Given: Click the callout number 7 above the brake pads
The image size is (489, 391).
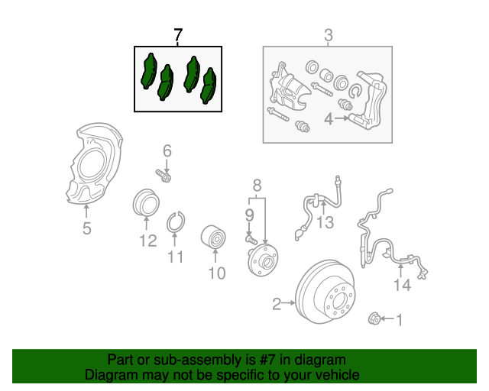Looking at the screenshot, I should pyautogui.click(x=178, y=34).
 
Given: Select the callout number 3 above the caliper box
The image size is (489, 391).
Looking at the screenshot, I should pyautogui.click(x=328, y=34).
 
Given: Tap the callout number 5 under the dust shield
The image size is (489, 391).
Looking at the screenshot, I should pyautogui.click(x=86, y=228).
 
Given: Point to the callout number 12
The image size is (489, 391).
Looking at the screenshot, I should pyautogui.click(x=147, y=241).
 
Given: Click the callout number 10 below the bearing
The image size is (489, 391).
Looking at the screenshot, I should pyautogui.click(x=217, y=273).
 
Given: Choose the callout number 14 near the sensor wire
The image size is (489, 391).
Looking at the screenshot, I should pyautogui.click(x=402, y=285).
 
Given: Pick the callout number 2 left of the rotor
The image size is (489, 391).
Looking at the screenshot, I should pyautogui.click(x=277, y=305).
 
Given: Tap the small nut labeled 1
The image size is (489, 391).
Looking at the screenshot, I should pyautogui.click(x=375, y=318).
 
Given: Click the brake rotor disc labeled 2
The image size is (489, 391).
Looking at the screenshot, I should pyautogui.click(x=329, y=298).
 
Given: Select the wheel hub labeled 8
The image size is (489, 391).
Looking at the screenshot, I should pyautogui.click(x=261, y=260).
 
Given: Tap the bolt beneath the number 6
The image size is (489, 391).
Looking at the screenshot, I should pyautogui.click(x=164, y=177).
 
